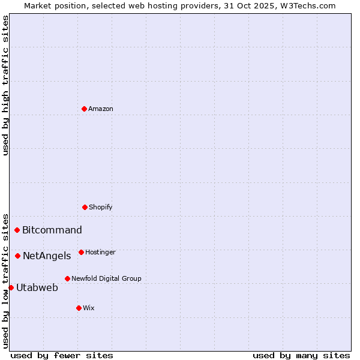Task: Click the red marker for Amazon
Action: (84, 109)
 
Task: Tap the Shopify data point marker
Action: (85, 207)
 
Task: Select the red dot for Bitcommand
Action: (17, 230)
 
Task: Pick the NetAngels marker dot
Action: (17, 256)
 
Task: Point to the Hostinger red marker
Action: (81, 252)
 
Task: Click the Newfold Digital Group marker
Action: (67, 278)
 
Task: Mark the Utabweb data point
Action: (11, 287)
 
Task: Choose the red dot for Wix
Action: (79, 308)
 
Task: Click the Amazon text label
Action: (101, 109)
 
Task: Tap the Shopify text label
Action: (101, 207)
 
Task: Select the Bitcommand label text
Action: (52, 230)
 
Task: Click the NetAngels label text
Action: (47, 256)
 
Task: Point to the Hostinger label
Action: (100, 252)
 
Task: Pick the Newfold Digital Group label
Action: (106, 278)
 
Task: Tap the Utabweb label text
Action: (37, 287)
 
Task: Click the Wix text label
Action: (89, 308)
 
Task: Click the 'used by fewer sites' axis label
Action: (62, 355)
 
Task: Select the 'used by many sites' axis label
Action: (301, 355)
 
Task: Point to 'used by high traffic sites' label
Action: (5, 85)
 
